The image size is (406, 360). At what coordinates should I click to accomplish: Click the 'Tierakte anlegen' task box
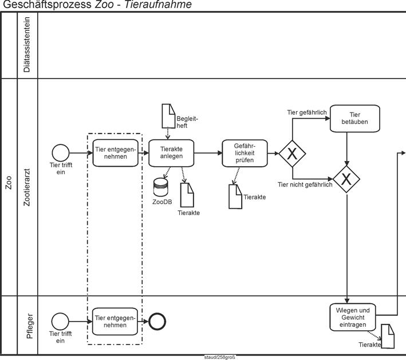(171, 153)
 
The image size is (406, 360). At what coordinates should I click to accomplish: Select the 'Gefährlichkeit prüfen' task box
(245, 153)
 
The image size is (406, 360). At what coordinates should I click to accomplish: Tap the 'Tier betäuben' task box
(354, 118)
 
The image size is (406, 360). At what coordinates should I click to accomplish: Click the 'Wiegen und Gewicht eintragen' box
(352, 318)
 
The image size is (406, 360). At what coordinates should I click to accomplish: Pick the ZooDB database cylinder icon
(161, 187)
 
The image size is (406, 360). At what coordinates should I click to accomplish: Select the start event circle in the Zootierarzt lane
(61, 153)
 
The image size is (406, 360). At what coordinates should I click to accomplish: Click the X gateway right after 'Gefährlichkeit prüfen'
(291, 153)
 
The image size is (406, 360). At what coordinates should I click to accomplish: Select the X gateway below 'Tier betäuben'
(346, 179)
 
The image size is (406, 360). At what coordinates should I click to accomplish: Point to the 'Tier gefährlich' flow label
(307, 112)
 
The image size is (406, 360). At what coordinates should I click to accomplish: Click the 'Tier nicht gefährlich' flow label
(305, 185)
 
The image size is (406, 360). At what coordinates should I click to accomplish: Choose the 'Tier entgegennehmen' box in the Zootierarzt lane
(116, 153)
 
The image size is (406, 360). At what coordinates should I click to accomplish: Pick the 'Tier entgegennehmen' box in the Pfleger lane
(116, 321)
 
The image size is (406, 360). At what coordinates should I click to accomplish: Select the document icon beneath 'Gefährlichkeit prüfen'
(235, 197)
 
